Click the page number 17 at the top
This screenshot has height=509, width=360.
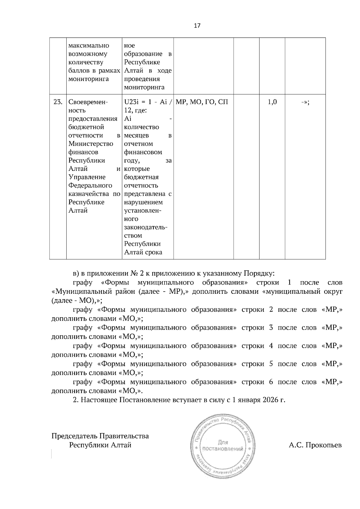(x=197, y=25)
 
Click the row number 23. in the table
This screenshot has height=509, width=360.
(x=58, y=102)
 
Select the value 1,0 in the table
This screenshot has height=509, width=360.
(x=272, y=102)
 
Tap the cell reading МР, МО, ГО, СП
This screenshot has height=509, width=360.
(x=202, y=102)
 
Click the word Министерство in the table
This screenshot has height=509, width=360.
(x=91, y=144)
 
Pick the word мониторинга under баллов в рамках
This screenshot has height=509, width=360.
(x=88, y=79)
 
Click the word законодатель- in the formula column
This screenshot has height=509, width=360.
(x=146, y=227)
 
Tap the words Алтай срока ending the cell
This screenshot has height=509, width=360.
(x=143, y=252)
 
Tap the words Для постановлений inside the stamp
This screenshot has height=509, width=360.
(x=223, y=445)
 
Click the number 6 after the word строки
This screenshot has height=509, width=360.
(x=271, y=382)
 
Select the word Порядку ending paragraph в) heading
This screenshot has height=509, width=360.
(x=258, y=274)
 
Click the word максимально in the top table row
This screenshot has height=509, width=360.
(x=89, y=46)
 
